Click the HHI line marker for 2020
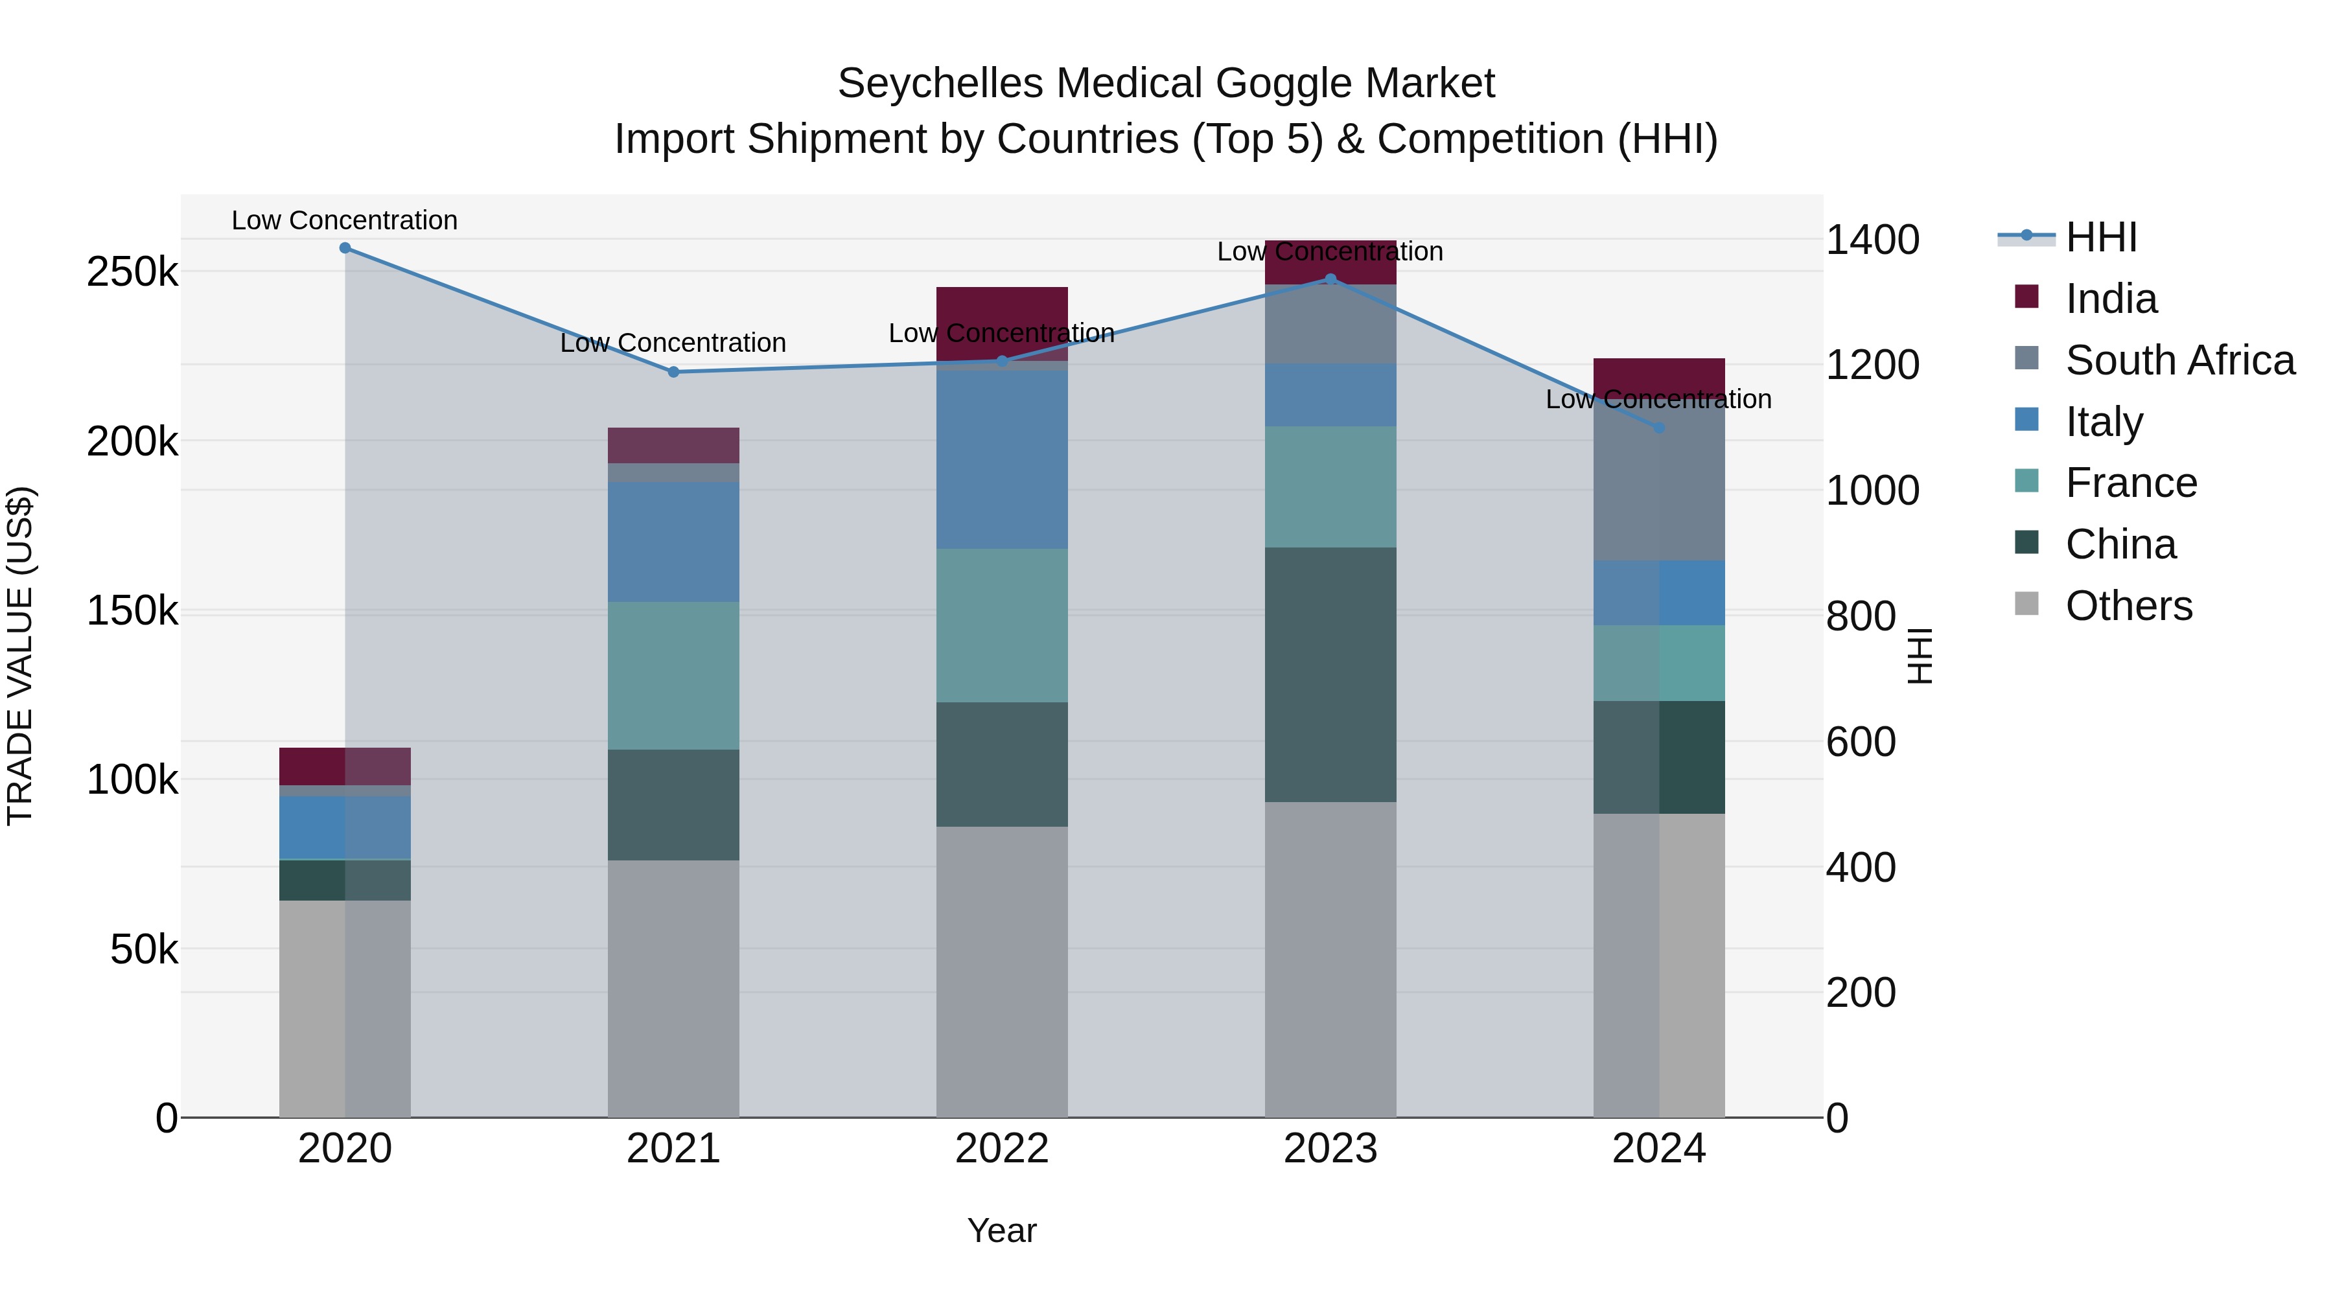(x=345, y=248)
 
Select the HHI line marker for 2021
(x=673, y=372)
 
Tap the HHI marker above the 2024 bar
(x=1659, y=428)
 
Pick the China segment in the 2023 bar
(x=1330, y=674)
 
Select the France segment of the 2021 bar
(x=673, y=676)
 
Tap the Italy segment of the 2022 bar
(x=1002, y=460)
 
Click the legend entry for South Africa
(x=2179, y=360)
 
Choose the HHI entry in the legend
(x=2101, y=237)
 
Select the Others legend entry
(x=2128, y=606)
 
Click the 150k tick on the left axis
(x=132, y=611)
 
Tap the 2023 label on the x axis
(x=1330, y=1149)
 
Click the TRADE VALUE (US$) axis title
(x=20, y=656)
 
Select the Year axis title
(x=1002, y=1230)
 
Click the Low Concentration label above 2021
(x=673, y=343)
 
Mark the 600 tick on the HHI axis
(x=1860, y=742)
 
